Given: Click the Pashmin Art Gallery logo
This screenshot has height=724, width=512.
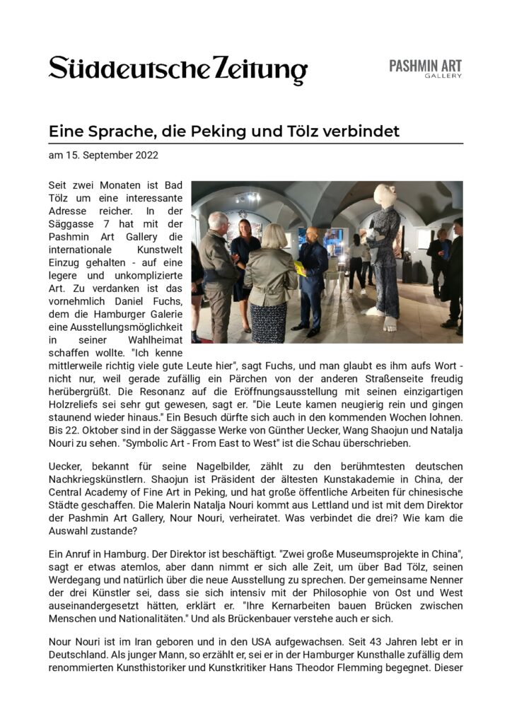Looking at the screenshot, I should click(x=425, y=68).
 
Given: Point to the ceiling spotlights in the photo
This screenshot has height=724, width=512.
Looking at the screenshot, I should click(x=252, y=198).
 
